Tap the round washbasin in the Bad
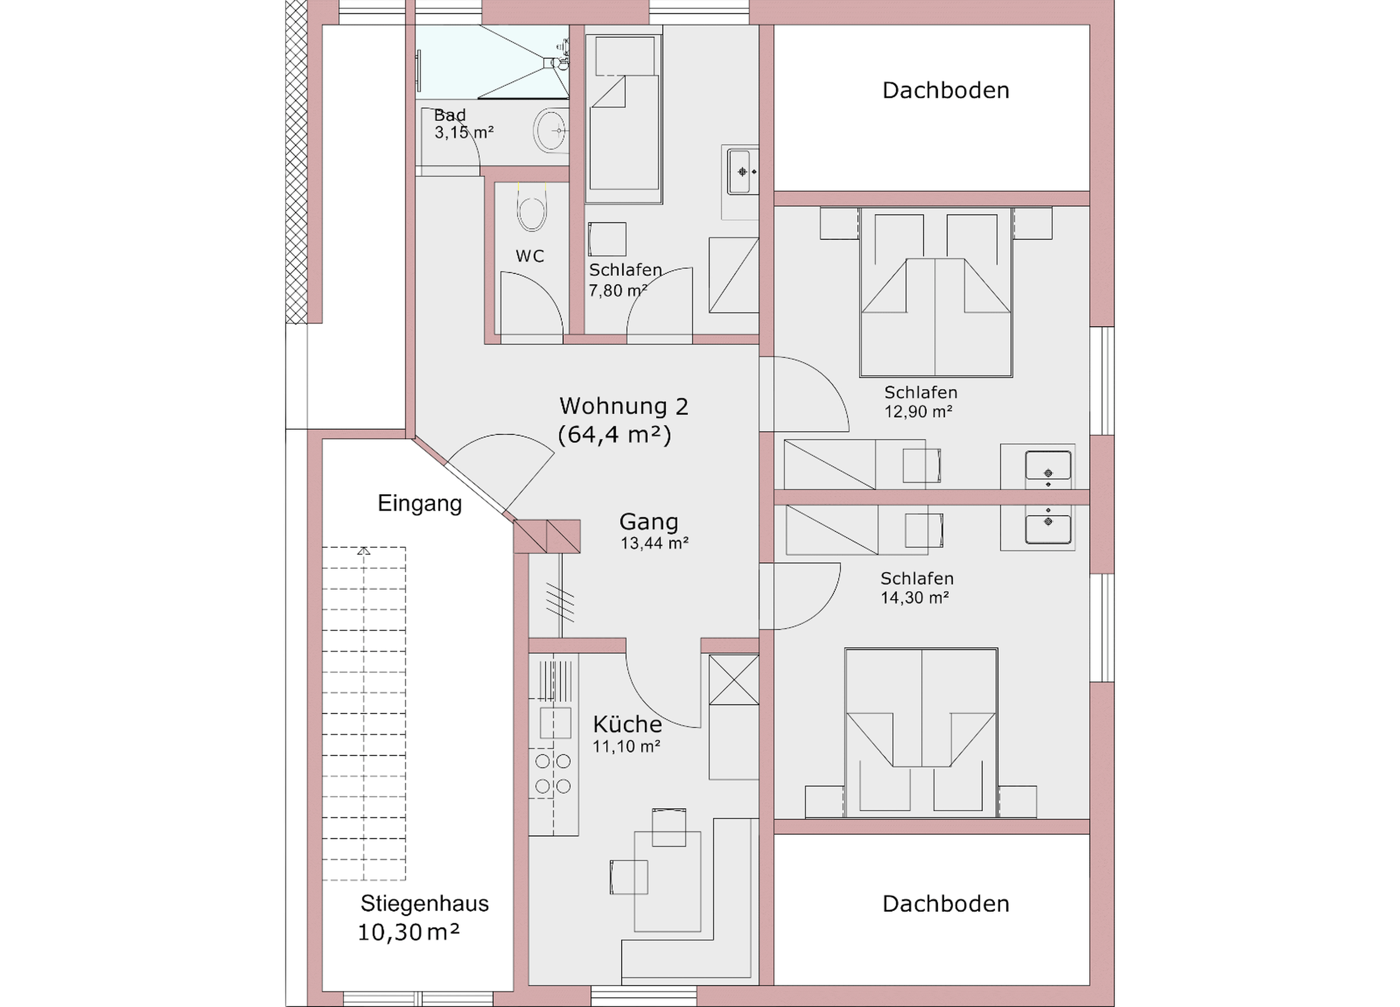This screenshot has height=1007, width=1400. [551, 130]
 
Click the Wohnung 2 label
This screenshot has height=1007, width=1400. [623, 406]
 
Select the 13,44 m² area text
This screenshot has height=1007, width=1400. [654, 543]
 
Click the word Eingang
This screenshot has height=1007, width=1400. [420, 503]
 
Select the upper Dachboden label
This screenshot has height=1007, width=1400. [945, 90]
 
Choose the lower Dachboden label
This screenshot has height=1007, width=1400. [945, 904]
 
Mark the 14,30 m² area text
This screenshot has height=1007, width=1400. [914, 598]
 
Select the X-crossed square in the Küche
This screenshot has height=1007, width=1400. [733, 679]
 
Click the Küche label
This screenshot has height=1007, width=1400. [627, 724]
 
